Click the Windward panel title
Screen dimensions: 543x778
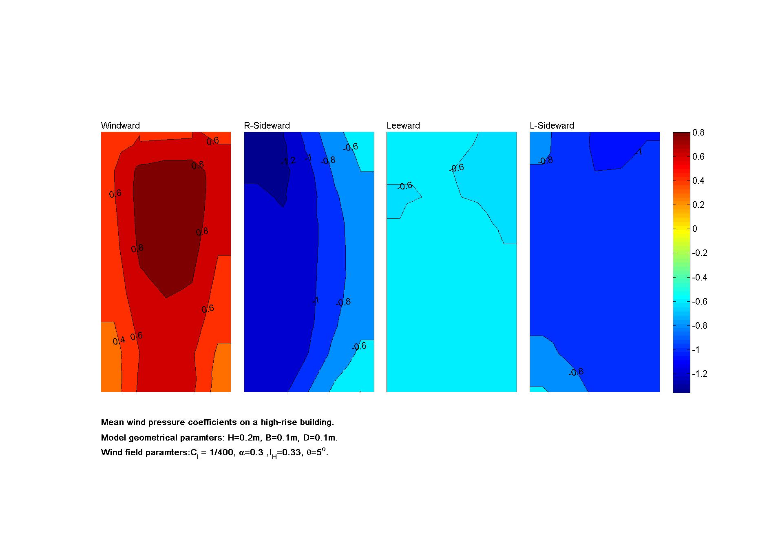pos(120,126)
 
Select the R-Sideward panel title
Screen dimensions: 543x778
pos(267,126)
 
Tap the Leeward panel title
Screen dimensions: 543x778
pos(403,126)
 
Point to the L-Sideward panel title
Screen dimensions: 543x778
pos(552,126)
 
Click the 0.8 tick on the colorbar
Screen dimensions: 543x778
pos(698,133)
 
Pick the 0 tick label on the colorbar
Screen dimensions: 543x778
pos(695,229)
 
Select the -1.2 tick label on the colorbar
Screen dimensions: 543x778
pos(700,374)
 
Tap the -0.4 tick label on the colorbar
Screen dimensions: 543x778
pos(700,278)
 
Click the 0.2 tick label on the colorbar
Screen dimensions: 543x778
pos(698,205)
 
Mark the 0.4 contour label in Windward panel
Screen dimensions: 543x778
pos(119,341)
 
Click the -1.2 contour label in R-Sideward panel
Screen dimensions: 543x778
pos(288,161)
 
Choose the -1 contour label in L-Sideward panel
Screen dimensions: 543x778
pos(638,152)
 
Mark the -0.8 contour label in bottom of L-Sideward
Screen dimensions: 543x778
pos(576,372)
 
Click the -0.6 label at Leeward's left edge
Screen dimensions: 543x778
pos(404,186)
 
